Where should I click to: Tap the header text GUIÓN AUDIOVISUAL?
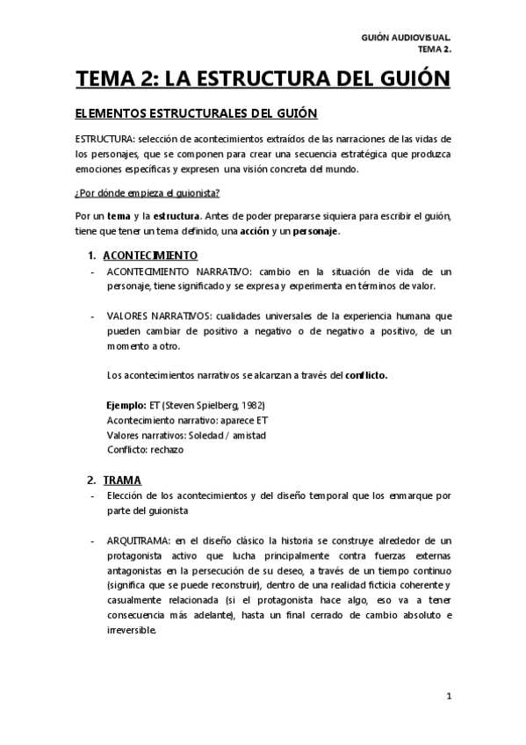coord(406,39)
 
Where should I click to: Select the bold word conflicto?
coord(366,376)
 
